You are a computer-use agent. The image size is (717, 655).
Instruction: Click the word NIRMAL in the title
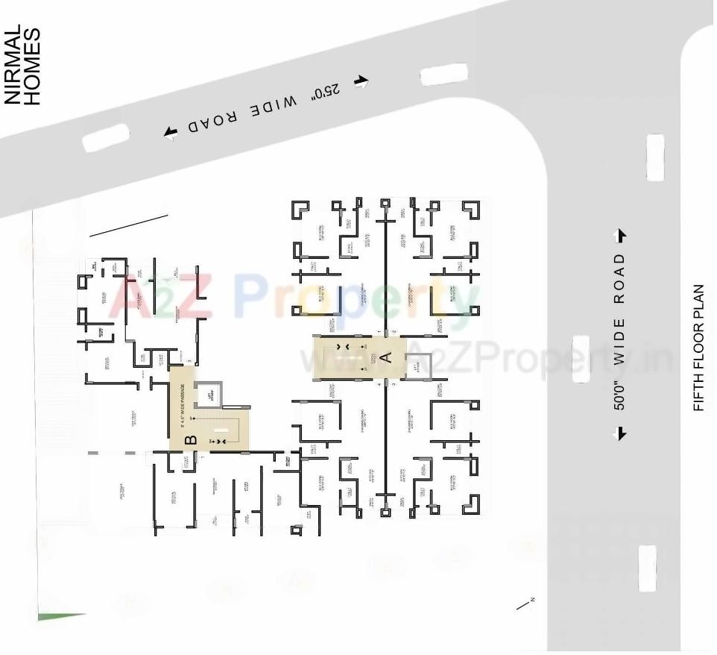[13, 66]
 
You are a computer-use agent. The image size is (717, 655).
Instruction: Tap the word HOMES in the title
[32, 66]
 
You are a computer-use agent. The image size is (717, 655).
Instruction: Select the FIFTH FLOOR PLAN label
[698, 347]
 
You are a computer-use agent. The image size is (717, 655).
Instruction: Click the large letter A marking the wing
[386, 357]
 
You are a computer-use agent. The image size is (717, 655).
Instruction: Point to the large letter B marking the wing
[191, 439]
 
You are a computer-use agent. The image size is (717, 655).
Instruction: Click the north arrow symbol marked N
[525, 604]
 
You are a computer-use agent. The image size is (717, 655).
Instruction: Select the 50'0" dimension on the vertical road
[619, 392]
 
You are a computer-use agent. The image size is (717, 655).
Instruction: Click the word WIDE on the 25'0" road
[273, 106]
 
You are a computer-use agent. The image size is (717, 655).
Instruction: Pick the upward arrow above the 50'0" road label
[619, 236]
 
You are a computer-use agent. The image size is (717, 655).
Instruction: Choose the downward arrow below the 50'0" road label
[619, 433]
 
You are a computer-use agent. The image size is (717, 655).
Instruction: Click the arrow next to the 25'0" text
[361, 81]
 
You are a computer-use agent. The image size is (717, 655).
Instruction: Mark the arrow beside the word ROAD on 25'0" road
[171, 133]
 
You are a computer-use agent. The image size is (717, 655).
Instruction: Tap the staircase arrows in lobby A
[344, 348]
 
